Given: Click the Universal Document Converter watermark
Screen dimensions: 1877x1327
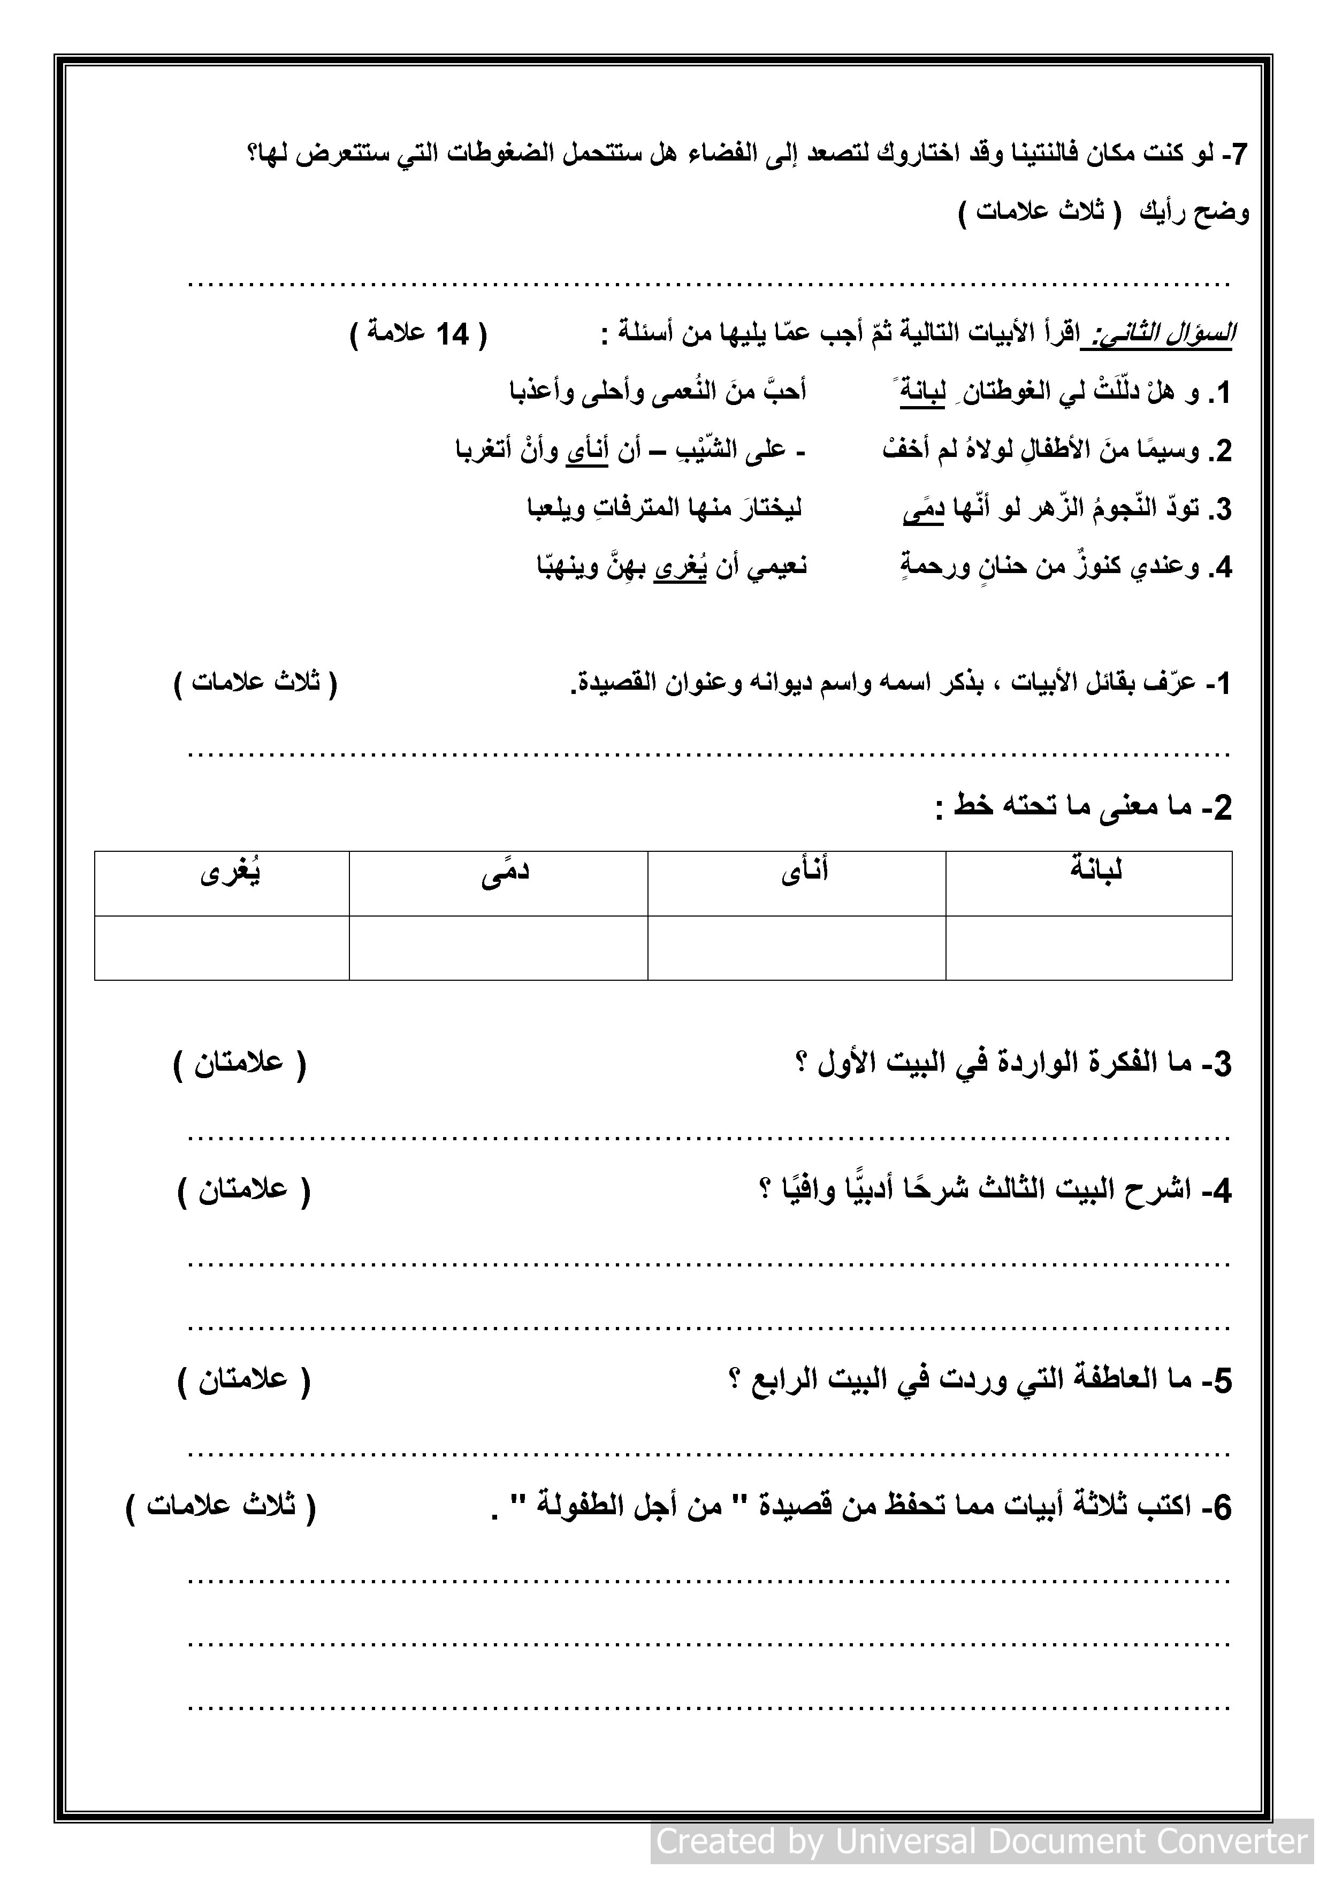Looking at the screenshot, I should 982,1841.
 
